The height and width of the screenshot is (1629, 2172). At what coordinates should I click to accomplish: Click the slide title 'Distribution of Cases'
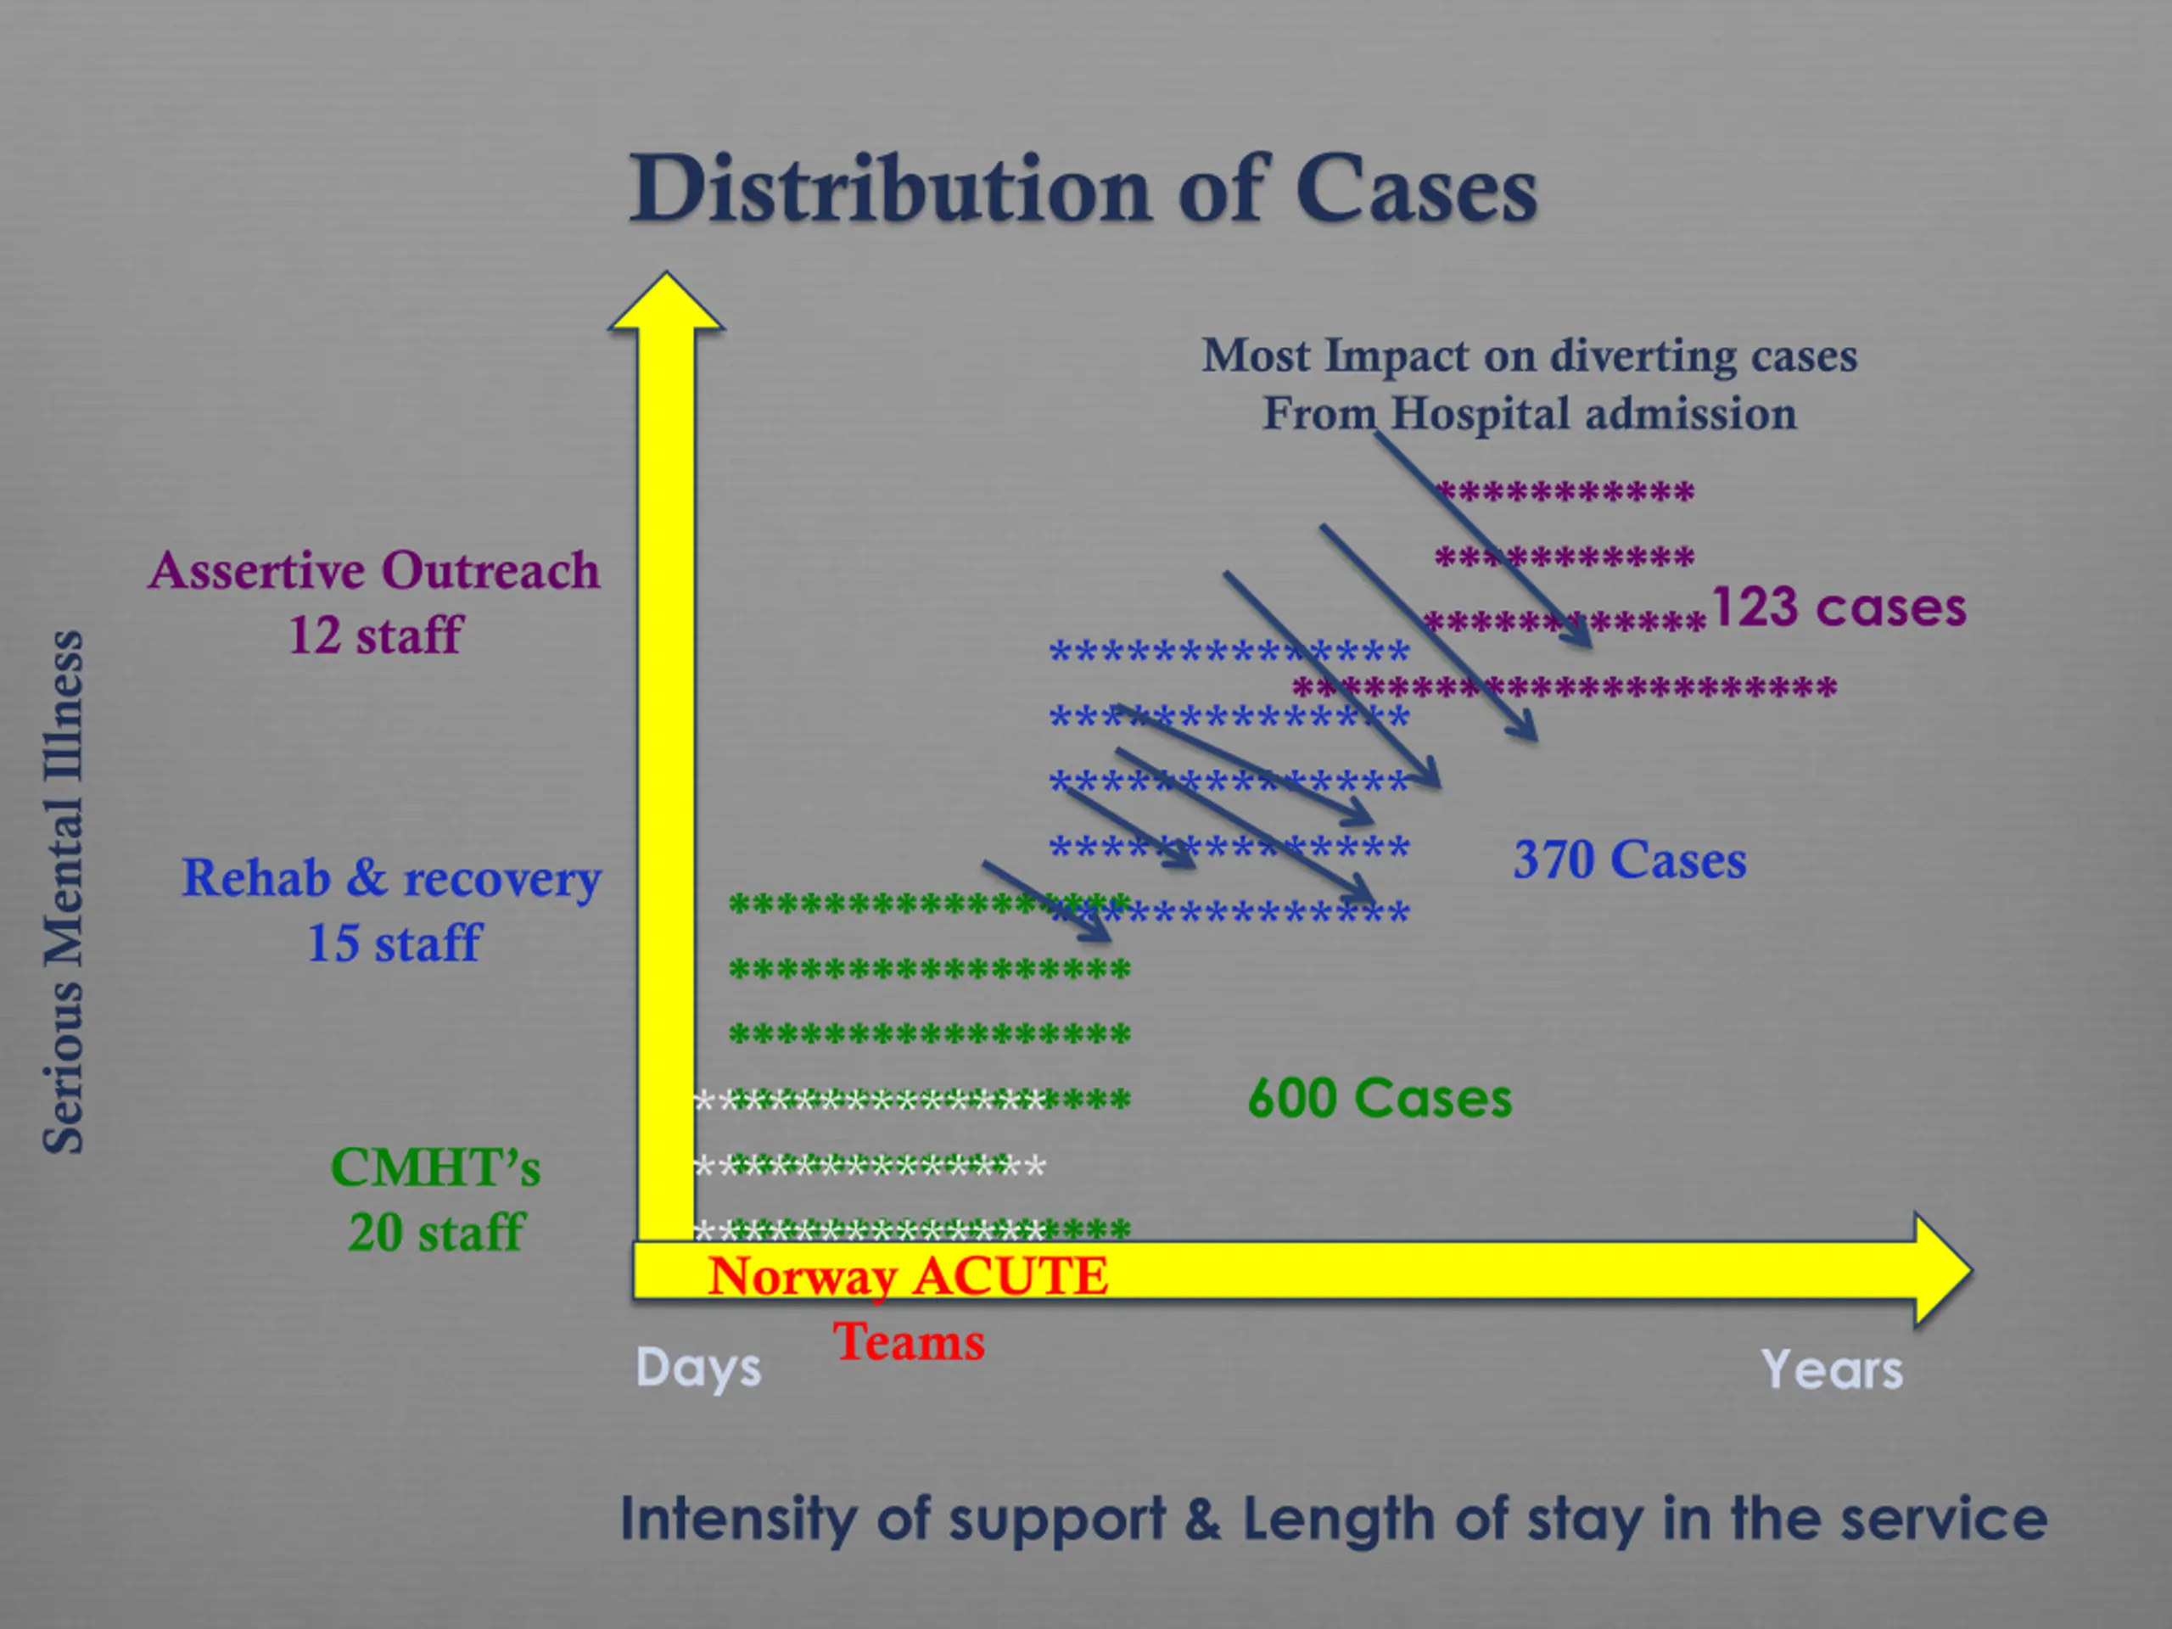(1083, 188)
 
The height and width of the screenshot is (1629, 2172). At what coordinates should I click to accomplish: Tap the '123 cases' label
(1839, 607)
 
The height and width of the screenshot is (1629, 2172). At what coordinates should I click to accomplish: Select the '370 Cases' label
(1629, 860)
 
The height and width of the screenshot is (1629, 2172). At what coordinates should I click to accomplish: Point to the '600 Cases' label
(1379, 1098)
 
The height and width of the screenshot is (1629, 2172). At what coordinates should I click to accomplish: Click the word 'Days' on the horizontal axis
(698, 1368)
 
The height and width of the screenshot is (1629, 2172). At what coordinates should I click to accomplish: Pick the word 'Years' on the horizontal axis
(1831, 1369)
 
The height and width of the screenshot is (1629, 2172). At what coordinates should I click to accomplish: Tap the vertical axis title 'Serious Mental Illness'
(64, 892)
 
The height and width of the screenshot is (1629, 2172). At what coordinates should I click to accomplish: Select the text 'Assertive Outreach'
(374, 570)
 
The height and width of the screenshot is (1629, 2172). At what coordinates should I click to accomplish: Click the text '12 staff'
(374, 635)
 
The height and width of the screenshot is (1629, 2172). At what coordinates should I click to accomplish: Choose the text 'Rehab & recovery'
(391, 878)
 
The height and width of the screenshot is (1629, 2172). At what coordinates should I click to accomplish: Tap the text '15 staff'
(394, 943)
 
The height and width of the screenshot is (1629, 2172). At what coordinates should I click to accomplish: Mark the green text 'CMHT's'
(435, 1168)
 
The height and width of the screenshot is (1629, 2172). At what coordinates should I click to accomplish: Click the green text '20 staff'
(436, 1232)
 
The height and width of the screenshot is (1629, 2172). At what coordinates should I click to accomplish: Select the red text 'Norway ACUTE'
(909, 1277)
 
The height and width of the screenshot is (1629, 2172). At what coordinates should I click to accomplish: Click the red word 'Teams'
(909, 1341)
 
